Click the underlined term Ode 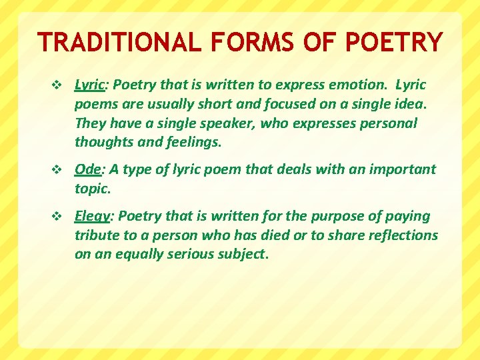click(x=87, y=169)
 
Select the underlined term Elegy click(x=93, y=217)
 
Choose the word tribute click(x=97, y=235)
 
